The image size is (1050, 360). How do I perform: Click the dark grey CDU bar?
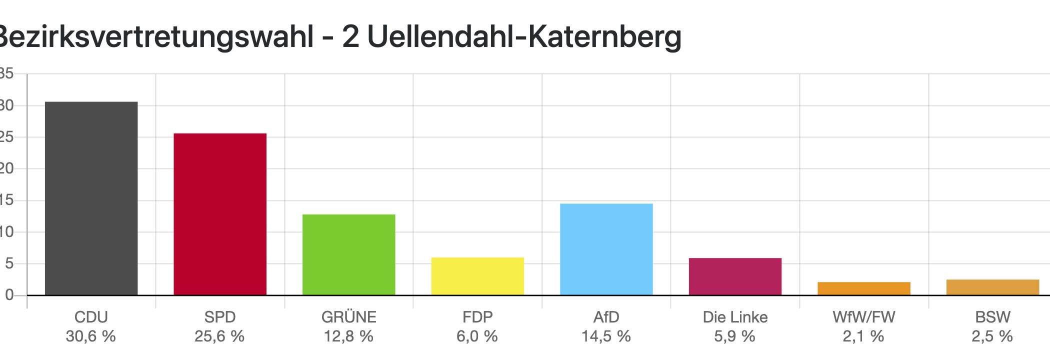(x=91, y=198)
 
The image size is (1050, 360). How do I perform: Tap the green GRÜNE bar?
(x=348, y=254)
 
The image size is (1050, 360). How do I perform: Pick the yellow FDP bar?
(x=477, y=276)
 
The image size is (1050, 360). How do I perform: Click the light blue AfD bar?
(x=606, y=249)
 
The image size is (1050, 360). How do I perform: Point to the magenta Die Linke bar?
(x=735, y=276)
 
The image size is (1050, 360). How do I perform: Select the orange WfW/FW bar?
(x=863, y=288)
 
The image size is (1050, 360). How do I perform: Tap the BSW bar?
(x=992, y=287)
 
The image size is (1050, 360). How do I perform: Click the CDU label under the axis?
(x=91, y=317)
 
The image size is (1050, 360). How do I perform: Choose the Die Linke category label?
(x=735, y=317)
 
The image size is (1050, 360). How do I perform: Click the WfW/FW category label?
(x=863, y=317)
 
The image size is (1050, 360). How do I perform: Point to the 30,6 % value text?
(x=91, y=336)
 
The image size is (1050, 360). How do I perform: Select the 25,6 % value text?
(x=220, y=336)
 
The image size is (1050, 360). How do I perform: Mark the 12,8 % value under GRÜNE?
(x=348, y=336)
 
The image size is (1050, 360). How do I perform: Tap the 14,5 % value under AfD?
(x=606, y=336)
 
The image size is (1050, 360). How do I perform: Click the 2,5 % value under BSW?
(x=992, y=336)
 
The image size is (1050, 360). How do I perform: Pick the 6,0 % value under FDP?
(x=477, y=336)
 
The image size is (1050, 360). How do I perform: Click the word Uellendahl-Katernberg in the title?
(x=524, y=37)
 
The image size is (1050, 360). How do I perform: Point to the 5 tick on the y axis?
(x=9, y=263)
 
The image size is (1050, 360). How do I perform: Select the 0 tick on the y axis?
(x=9, y=295)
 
